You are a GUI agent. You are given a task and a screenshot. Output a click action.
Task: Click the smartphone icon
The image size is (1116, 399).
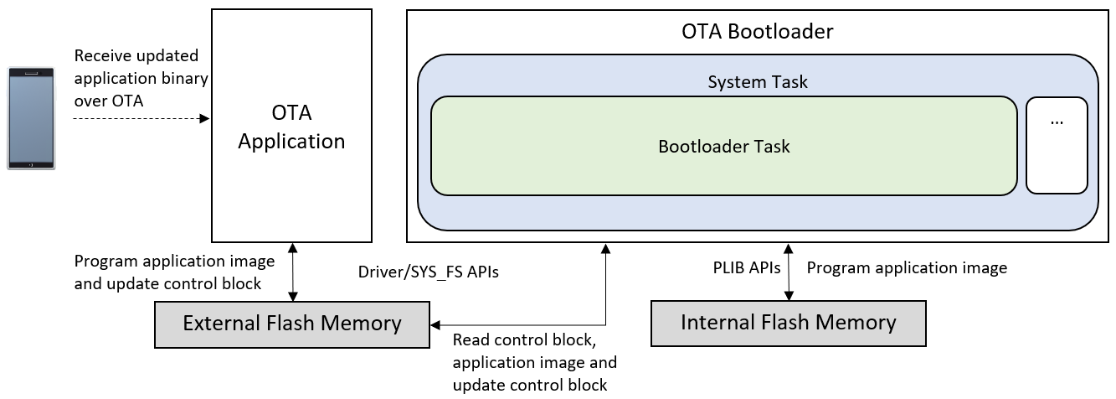(x=32, y=118)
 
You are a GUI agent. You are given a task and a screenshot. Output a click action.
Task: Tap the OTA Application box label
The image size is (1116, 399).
(x=291, y=127)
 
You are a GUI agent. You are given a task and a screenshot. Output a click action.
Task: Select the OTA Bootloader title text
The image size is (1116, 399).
(x=757, y=32)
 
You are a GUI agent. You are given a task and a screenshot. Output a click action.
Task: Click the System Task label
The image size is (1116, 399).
(x=757, y=82)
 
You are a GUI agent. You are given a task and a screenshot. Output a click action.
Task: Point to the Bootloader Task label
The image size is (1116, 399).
(x=723, y=146)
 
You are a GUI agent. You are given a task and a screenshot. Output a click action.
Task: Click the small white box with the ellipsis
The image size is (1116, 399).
(x=1056, y=145)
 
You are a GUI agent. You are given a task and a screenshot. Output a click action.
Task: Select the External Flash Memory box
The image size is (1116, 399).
(x=291, y=324)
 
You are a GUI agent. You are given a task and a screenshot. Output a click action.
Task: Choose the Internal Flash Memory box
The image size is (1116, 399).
(x=788, y=323)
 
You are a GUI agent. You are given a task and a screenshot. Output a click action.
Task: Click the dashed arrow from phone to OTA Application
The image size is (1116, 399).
(x=141, y=119)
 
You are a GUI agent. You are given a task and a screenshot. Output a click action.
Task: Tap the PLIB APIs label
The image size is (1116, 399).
(x=742, y=268)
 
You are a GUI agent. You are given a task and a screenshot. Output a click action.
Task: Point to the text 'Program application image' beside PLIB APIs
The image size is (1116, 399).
(x=906, y=268)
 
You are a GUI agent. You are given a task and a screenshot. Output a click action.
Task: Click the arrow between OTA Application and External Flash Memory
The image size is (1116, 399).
(x=292, y=272)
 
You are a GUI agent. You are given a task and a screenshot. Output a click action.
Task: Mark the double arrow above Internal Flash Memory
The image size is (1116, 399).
(x=788, y=272)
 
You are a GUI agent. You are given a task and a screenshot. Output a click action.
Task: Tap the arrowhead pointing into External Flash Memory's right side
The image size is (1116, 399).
(x=435, y=324)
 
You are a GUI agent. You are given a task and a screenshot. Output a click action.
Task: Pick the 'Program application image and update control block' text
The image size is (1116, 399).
(x=174, y=272)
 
